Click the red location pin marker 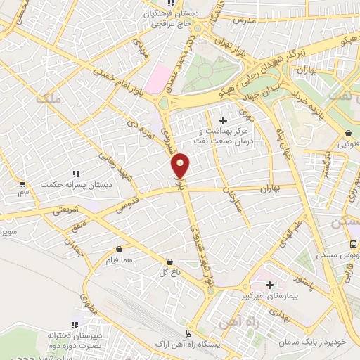tap(181, 166)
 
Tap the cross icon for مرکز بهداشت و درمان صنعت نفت tap(224, 121)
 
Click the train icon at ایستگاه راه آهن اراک tap(188, 333)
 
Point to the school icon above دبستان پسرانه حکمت tap(76, 174)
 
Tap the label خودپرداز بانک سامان tap(321, 340)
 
